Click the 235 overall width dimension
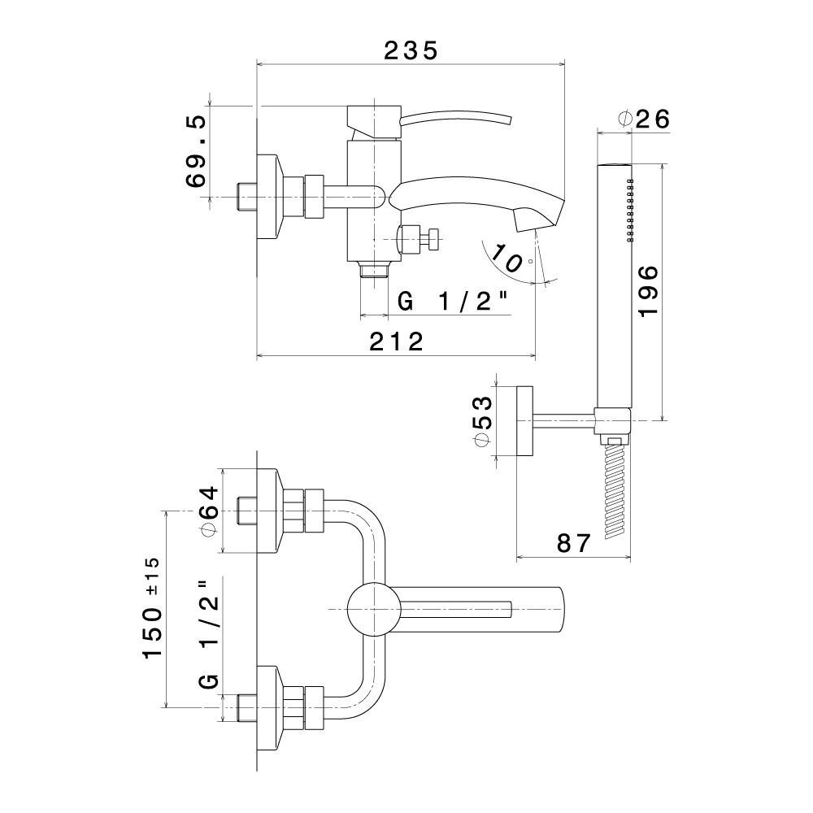click(411, 50)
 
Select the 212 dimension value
click(397, 342)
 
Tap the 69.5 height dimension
click(198, 152)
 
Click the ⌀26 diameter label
click(644, 119)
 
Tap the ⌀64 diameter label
click(209, 511)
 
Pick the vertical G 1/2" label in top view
click(209, 634)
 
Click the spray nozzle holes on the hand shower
click(630, 209)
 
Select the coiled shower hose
click(615, 488)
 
